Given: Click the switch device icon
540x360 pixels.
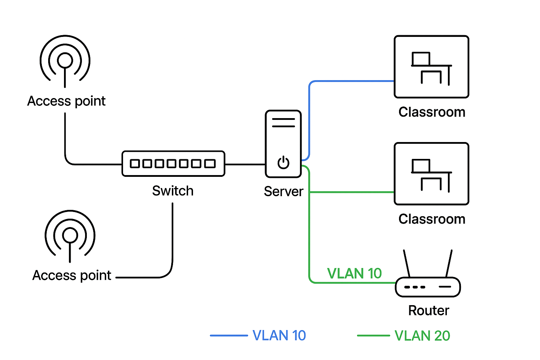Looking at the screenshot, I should pyautogui.click(x=173, y=163).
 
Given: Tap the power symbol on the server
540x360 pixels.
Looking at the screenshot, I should pyautogui.click(x=283, y=162).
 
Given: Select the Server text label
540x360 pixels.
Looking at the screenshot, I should pyautogui.click(x=283, y=191).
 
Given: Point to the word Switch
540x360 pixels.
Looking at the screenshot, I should pyautogui.click(x=173, y=191).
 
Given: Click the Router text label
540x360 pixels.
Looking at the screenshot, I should pyautogui.click(x=429, y=310).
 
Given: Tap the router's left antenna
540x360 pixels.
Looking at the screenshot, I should pyautogui.click(x=407, y=263).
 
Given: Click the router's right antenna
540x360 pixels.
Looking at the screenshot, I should pyautogui.click(x=449, y=263).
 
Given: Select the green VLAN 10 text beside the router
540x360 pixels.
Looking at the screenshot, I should pyautogui.click(x=354, y=274).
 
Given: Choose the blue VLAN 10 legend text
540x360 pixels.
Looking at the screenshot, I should pyautogui.click(x=279, y=335).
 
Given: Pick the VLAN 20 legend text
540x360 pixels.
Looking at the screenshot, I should pyautogui.click(x=422, y=335).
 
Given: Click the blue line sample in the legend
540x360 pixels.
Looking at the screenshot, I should pyautogui.click(x=229, y=335).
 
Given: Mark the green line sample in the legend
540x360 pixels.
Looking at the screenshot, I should pyautogui.click(x=373, y=335).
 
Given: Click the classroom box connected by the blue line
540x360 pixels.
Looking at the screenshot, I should pyautogui.click(x=431, y=66).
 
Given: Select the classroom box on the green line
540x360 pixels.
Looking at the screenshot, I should pyautogui.click(x=431, y=174).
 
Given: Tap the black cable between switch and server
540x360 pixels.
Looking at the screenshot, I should pyautogui.click(x=245, y=164).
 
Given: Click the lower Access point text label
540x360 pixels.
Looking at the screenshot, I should pyautogui.click(x=72, y=275).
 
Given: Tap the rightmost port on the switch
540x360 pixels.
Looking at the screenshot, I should pyautogui.click(x=210, y=163).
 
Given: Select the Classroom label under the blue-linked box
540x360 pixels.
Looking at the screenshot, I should pyautogui.click(x=432, y=112).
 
